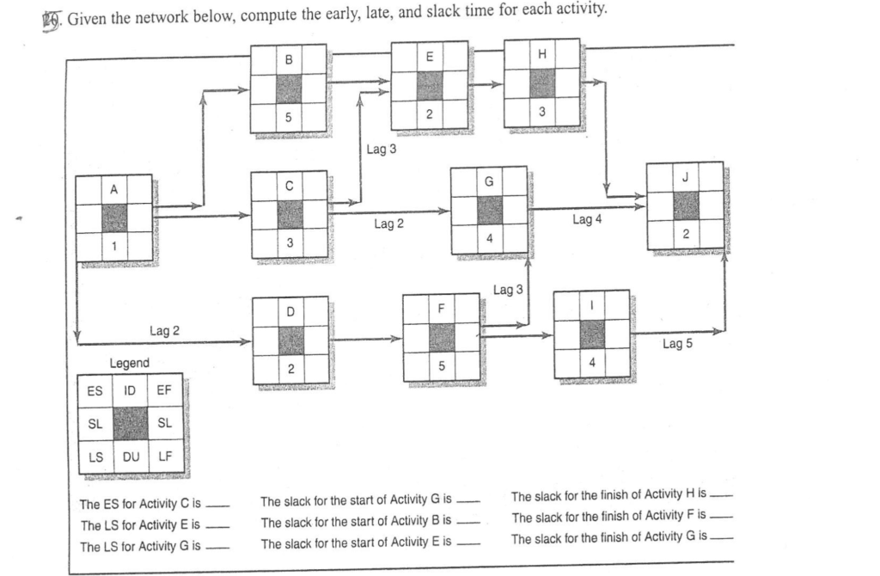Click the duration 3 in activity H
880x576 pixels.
click(x=541, y=112)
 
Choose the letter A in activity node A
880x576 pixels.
click(x=113, y=190)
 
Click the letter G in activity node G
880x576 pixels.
click(x=489, y=183)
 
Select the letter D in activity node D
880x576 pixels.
click(x=290, y=311)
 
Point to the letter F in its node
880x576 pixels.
click(x=441, y=308)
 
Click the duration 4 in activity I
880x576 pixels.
click(x=592, y=360)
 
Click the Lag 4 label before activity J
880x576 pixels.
click(x=585, y=221)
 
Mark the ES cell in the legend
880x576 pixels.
click(x=94, y=390)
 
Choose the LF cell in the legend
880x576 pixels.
click(x=164, y=455)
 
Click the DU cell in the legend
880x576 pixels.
click(x=130, y=455)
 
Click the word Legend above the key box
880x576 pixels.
click(x=129, y=364)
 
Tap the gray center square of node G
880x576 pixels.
click(x=489, y=210)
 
